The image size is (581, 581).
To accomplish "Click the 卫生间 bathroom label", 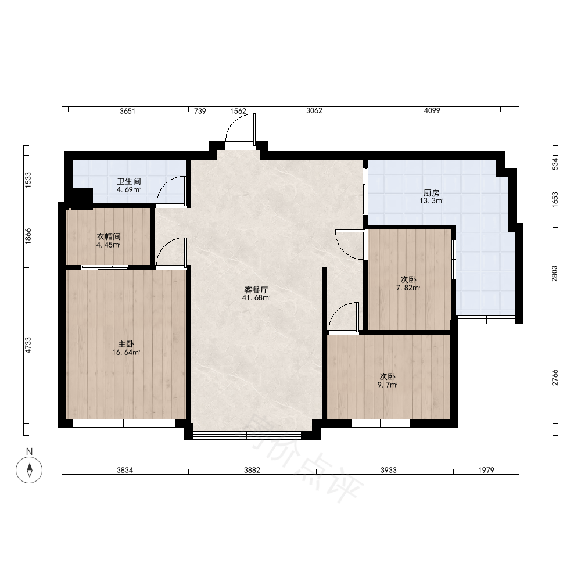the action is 129,181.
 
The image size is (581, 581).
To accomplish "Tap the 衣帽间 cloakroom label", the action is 109,236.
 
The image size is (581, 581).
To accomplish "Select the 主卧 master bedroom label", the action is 126,344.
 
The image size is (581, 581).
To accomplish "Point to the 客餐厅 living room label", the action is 256,290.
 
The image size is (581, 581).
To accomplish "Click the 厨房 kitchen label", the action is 431,193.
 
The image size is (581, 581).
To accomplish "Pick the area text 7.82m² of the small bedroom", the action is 408,288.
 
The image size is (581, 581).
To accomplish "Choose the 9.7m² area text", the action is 387,385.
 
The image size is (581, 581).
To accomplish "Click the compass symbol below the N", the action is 29,470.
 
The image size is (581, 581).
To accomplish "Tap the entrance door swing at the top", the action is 240,127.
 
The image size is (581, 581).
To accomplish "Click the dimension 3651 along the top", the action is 127,111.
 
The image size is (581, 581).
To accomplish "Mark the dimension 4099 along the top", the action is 432,110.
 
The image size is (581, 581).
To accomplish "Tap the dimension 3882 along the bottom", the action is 252,470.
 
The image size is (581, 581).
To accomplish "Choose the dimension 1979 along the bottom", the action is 486,470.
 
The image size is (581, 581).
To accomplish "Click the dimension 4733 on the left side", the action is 28,345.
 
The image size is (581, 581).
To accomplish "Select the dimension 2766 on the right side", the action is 554,377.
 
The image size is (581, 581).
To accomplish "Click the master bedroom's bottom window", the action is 124,423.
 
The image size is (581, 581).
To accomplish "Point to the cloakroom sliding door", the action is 105,267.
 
